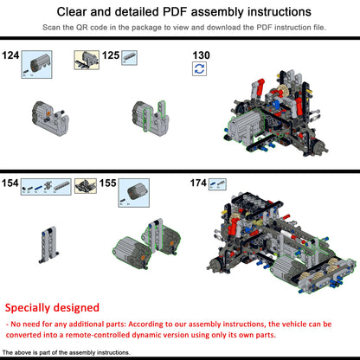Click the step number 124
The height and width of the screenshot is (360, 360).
pyautogui.click(x=11, y=55)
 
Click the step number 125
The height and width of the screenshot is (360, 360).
pyautogui.click(x=110, y=55)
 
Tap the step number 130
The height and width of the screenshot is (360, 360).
pyautogui.click(x=201, y=55)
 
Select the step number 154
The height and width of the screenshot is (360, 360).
pyautogui.click(x=11, y=183)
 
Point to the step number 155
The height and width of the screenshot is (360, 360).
pyautogui.click(x=108, y=183)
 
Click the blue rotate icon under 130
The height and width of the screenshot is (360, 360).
pyautogui.click(x=200, y=68)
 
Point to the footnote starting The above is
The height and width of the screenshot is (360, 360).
pyautogui.click(x=66, y=353)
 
